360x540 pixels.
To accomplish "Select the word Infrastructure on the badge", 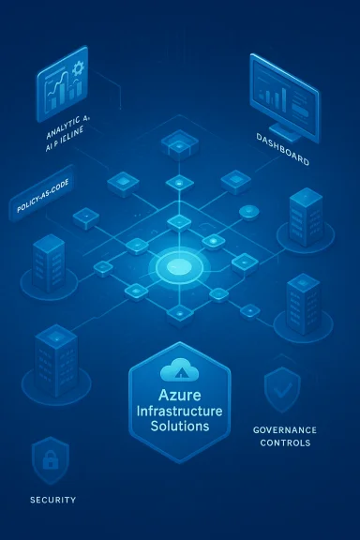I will (x=179, y=411).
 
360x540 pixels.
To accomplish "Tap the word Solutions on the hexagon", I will (x=179, y=427).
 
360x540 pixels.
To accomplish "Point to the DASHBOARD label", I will (x=282, y=162).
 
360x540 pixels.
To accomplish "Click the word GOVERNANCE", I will (x=285, y=429).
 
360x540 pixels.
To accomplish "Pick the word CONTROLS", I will (x=286, y=442).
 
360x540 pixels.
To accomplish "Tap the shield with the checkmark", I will (x=281, y=389).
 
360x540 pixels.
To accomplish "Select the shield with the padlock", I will (x=50, y=459).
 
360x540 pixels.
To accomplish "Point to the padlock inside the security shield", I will (x=50, y=461).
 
